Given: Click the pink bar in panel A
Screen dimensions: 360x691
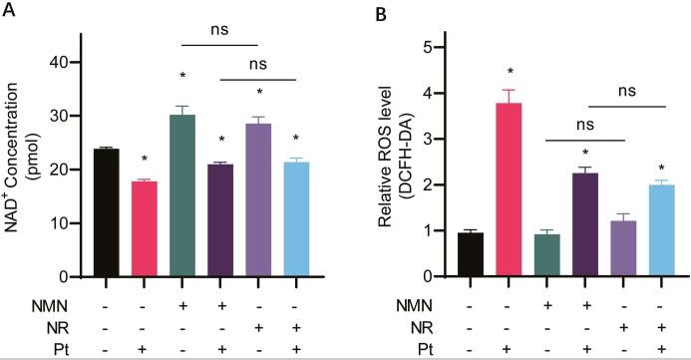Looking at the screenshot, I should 159,228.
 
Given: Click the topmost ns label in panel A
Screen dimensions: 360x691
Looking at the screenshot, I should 218,29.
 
